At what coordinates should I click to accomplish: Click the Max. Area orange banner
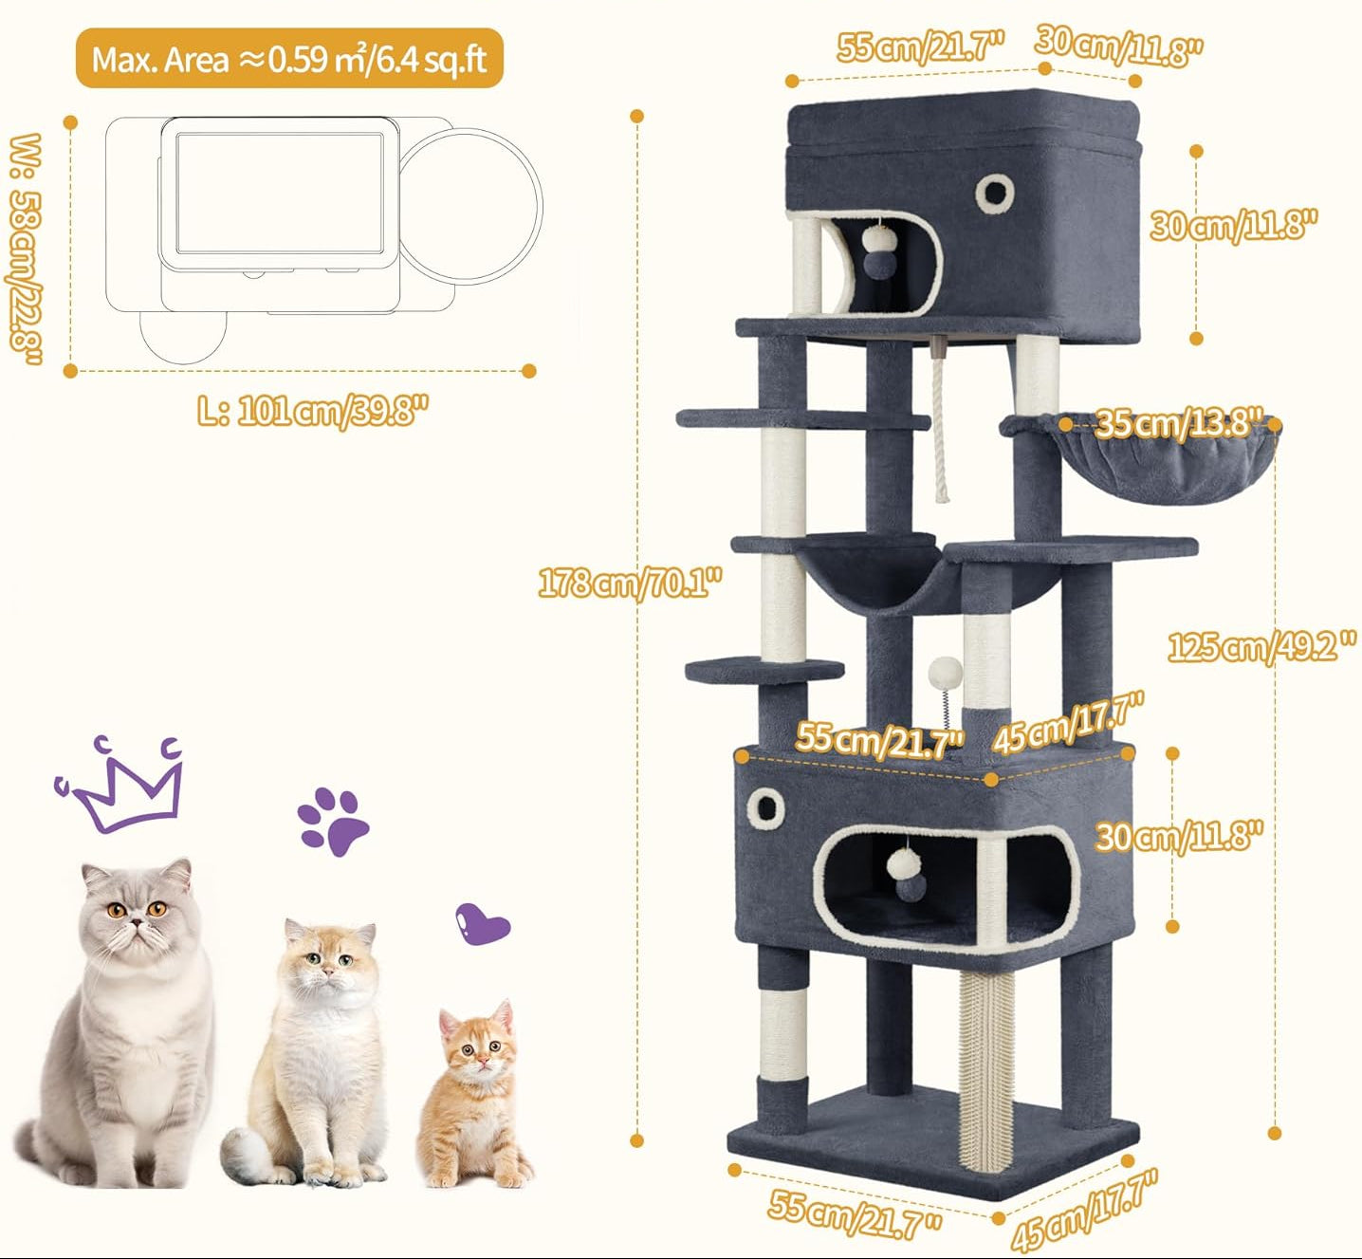click(x=289, y=58)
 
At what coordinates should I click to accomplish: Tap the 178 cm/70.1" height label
click(x=630, y=583)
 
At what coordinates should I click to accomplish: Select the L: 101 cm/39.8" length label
click(x=313, y=412)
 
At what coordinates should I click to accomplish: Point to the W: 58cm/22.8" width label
click(x=26, y=249)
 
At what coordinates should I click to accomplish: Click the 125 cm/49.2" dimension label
click(x=1261, y=647)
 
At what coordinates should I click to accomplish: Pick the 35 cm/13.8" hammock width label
click(x=1179, y=422)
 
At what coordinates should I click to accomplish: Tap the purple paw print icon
click(x=333, y=821)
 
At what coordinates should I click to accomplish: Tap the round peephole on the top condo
click(x=994, y=192)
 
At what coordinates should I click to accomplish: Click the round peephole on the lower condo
click(x=765, y=806)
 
